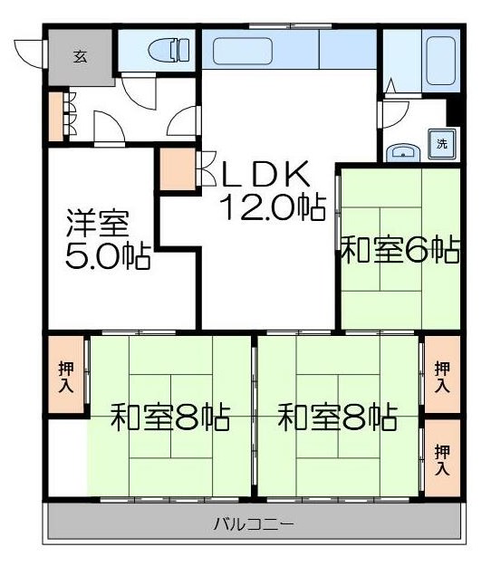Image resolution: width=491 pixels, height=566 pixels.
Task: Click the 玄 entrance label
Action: click(x=80, y=56)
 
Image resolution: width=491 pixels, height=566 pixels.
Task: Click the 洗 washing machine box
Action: click(x=442, y=144)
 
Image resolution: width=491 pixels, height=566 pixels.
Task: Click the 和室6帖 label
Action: click(x=399, y=249)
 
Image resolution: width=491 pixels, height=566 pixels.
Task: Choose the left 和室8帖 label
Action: click(x=170, y=418)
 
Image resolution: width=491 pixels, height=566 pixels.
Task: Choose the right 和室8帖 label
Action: click(x=337, y=418)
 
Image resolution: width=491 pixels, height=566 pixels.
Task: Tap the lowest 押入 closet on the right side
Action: click(x=442, y=458)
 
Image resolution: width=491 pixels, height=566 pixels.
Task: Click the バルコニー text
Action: click(x=254, y=523)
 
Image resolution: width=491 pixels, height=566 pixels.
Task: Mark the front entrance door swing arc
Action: click(x=30, y=52)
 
